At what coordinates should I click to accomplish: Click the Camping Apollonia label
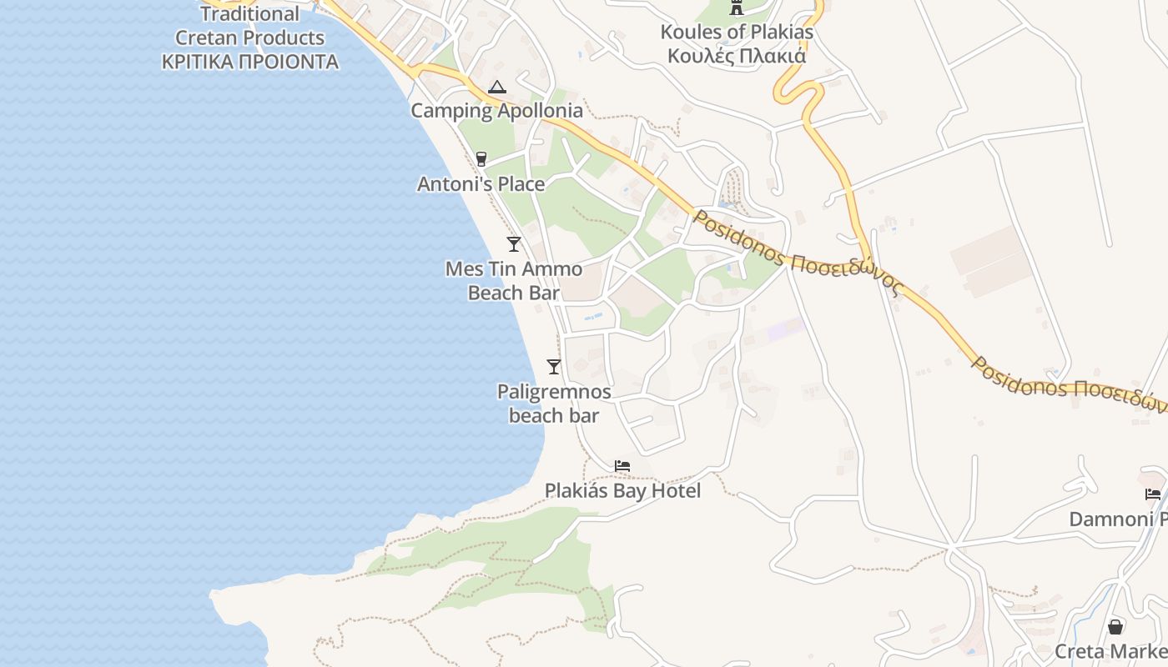(496, 110)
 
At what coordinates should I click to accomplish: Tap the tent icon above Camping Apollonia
(497, 87)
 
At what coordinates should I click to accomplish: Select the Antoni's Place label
(481, 184)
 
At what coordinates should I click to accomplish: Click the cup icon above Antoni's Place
(481, 158)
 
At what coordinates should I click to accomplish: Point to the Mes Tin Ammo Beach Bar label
(514, 280)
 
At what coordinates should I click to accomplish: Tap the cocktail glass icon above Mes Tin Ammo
(514, 244)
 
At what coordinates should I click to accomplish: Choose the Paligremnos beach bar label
(554, 403)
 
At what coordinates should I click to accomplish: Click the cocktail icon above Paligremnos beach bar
(553, 367)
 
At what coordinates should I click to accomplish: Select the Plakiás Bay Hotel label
(622, 491)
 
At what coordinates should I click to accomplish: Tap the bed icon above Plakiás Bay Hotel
(622, 466)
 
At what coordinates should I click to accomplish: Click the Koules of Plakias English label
(737, 32)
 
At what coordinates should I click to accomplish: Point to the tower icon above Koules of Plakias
(737, 8)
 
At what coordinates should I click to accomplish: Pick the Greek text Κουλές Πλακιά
(737, 56)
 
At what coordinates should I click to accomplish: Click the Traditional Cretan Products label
(249, 26)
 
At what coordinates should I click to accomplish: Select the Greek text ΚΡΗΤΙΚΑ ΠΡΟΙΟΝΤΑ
(250, 62)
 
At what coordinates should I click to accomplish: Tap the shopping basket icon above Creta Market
(1115, 626)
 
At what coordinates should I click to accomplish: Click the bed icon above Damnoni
(1154, 494)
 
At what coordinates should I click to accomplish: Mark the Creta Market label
(1110, 651)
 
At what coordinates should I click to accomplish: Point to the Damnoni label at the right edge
(1118, 519)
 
